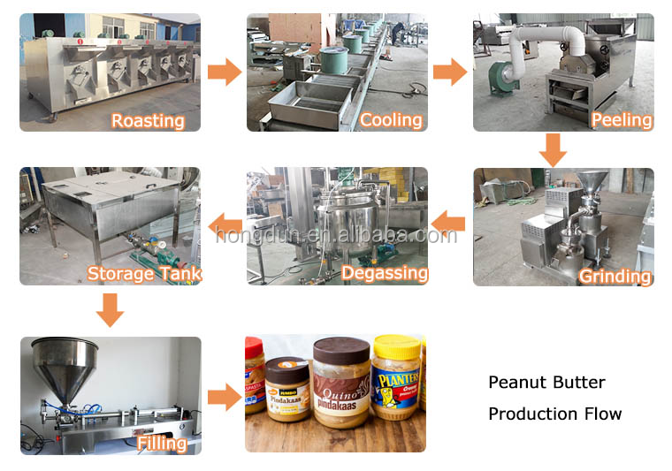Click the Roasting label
(x=147, y=120)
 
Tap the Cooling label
(x=391, y=120)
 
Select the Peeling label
(x=622, y=120)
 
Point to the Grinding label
(x=615, y=277)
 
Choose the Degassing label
(x=383, y=273)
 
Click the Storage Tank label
(x=144, y=273)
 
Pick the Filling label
(x=162, y=443)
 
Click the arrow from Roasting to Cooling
(x=224, y=72)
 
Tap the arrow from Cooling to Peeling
(x=450, y=72)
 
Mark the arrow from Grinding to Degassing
(x=449, y=224)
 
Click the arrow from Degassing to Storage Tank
(x=223, y=224)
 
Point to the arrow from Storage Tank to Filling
(x=110, y=310)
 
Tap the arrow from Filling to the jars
(x=224, y=396)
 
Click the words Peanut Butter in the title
(x=546, y=383)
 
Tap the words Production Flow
(x=554, y=414)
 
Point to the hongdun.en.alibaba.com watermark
(x=336, y=235)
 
